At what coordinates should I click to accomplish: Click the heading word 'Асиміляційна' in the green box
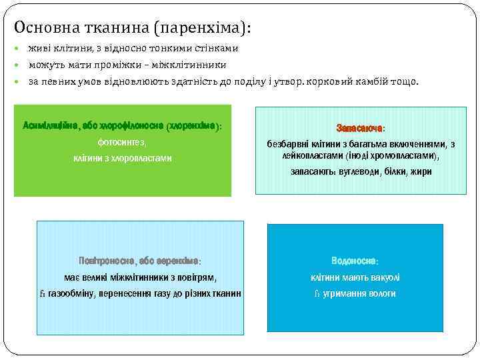(51, 125)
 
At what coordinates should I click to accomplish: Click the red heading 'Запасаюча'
(359, 127)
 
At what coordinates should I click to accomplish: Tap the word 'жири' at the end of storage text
(421, 171)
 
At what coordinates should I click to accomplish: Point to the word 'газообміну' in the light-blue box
(72, 294)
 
